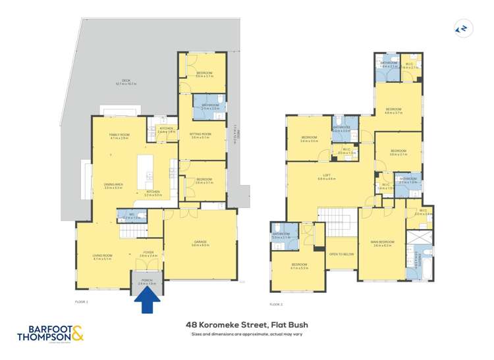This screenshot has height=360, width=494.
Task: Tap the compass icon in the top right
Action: (x=462, y=28)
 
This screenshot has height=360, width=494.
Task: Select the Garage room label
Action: (x=200, y=244)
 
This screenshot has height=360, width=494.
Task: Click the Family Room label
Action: (x=119, y=136)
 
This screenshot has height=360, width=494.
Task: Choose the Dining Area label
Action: (x=114, y=186)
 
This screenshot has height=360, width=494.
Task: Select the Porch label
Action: (x=147, y=282)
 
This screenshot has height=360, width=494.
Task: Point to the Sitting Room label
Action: (x=200, y=136)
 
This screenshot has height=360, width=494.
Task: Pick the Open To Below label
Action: (x=342, y=253)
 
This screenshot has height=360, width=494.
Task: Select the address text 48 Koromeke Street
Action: (x=247, y=324)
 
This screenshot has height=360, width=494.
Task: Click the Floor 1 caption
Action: (x=82, y=301)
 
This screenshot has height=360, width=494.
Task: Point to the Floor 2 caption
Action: (x=277, y=304)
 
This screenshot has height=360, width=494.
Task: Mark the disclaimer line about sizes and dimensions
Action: (x=247, y=334)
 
